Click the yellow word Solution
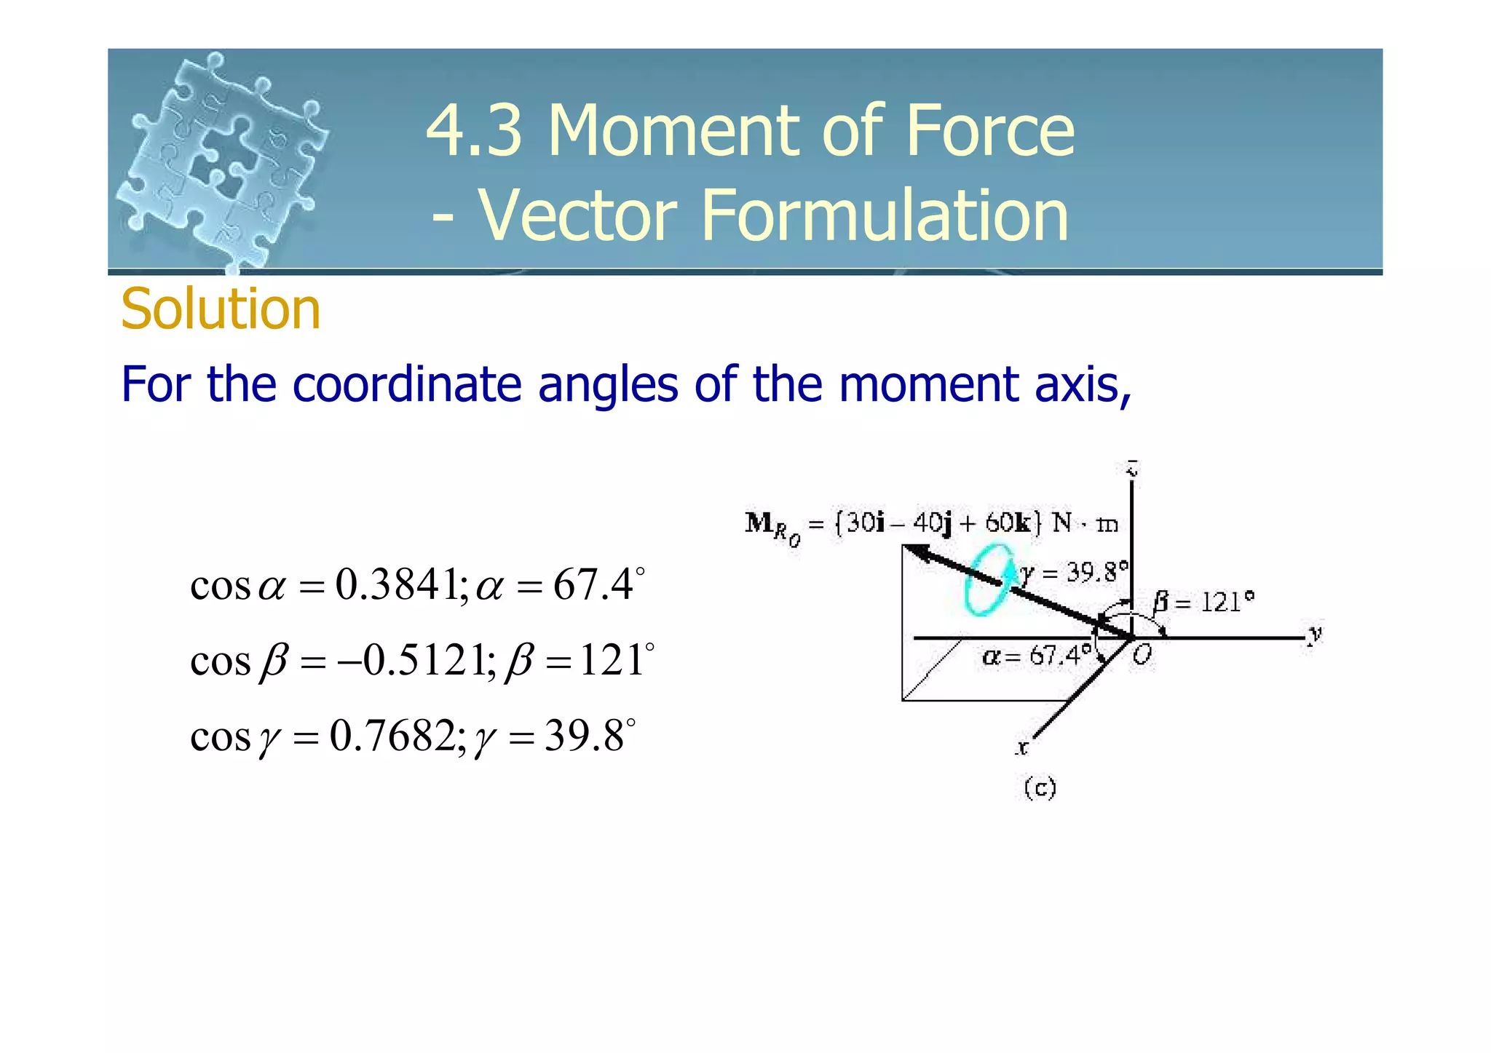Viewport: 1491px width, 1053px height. click(x=221, y=309)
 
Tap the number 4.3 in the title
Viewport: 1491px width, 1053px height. click(x=474, y=131)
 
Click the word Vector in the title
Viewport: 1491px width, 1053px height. click(x=578, y=215)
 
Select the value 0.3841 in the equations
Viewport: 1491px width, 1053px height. click(x=397, y=584)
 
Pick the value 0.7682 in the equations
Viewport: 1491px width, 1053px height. click(x=393, y=736)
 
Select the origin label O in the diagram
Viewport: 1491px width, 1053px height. click(x=1142, y=656)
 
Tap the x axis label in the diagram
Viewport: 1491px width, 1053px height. click(x=1022, y=747)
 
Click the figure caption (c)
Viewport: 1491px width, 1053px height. click(x=1040, y=788)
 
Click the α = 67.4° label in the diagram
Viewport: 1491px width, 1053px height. click(x=1035, y=657)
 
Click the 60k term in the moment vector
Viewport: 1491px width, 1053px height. click(x=1008, y=522)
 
